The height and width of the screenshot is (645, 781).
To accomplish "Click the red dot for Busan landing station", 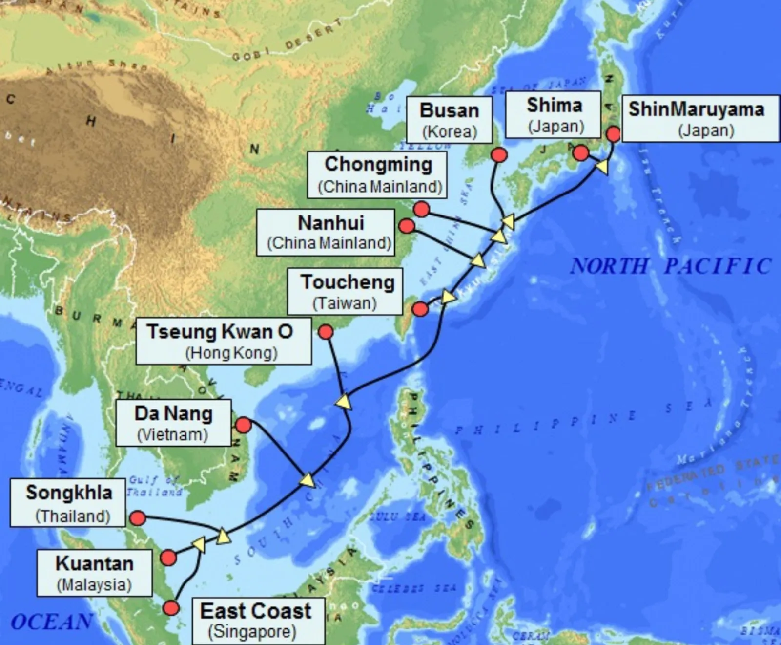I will pyautogui.click(x=499, y=155).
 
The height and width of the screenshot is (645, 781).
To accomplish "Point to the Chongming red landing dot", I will pyautogui.click(x=421, y=209).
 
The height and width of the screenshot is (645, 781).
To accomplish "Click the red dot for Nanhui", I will pyautogui.click(x=407, y=226).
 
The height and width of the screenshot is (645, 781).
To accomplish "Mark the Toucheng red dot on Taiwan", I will pyautogui.click(x=420, y=309).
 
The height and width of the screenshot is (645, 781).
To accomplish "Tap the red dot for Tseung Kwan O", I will pyautogui.click(x=326, y=332).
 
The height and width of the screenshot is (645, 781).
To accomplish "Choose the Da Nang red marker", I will pyautogui.click(x=243, y=425).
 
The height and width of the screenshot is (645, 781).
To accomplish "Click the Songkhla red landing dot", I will pyautogui.click(x=138, y=518).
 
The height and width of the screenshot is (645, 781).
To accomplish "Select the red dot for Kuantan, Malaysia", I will pyautogui.click(x=168, y=558).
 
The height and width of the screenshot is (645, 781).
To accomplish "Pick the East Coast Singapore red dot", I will pyautogui.click(x=171, y=608).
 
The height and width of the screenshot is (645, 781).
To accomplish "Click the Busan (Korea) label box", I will pyautogui.click(x=449, y=120).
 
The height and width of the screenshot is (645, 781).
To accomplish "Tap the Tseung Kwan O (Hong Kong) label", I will pyautogui.click(x=223, y=341).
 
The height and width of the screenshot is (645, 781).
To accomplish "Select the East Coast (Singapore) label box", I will pyautogui.click(x=258, y=621).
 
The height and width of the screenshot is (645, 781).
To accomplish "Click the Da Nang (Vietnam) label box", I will pyautogui.click(x=173, y=423).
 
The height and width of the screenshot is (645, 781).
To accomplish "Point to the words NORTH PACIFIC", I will pyautogui.click(x=671, y=266).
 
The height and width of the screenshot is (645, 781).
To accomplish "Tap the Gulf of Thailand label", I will pyautogui.click(x=154, y=486).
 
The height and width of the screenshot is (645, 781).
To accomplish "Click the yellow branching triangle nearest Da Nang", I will pyautogui.click(x=308, y=480).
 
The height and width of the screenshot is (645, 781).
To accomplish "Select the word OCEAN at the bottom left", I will pyautogui.click(x=51, y=622).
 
